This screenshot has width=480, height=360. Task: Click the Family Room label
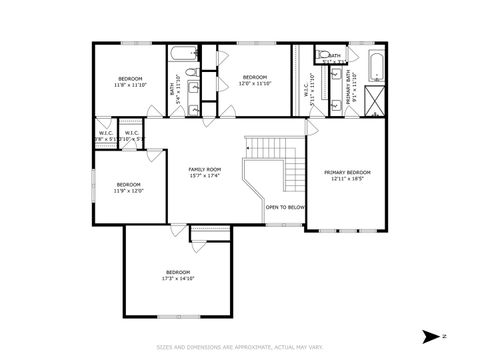(x=205, y=170)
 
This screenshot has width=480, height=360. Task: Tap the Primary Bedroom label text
(x=347, y=172)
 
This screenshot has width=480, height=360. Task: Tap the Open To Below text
(x=285, y=207)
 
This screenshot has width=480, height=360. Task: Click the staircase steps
(x=268, y=149)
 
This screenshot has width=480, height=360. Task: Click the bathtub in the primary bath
(x=376, y=65)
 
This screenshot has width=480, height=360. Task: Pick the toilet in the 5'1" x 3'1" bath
(x=323, y=56)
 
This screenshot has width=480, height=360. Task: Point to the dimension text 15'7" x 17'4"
(x=205, y=177)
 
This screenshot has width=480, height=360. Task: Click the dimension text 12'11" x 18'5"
(x=347, y=179)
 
